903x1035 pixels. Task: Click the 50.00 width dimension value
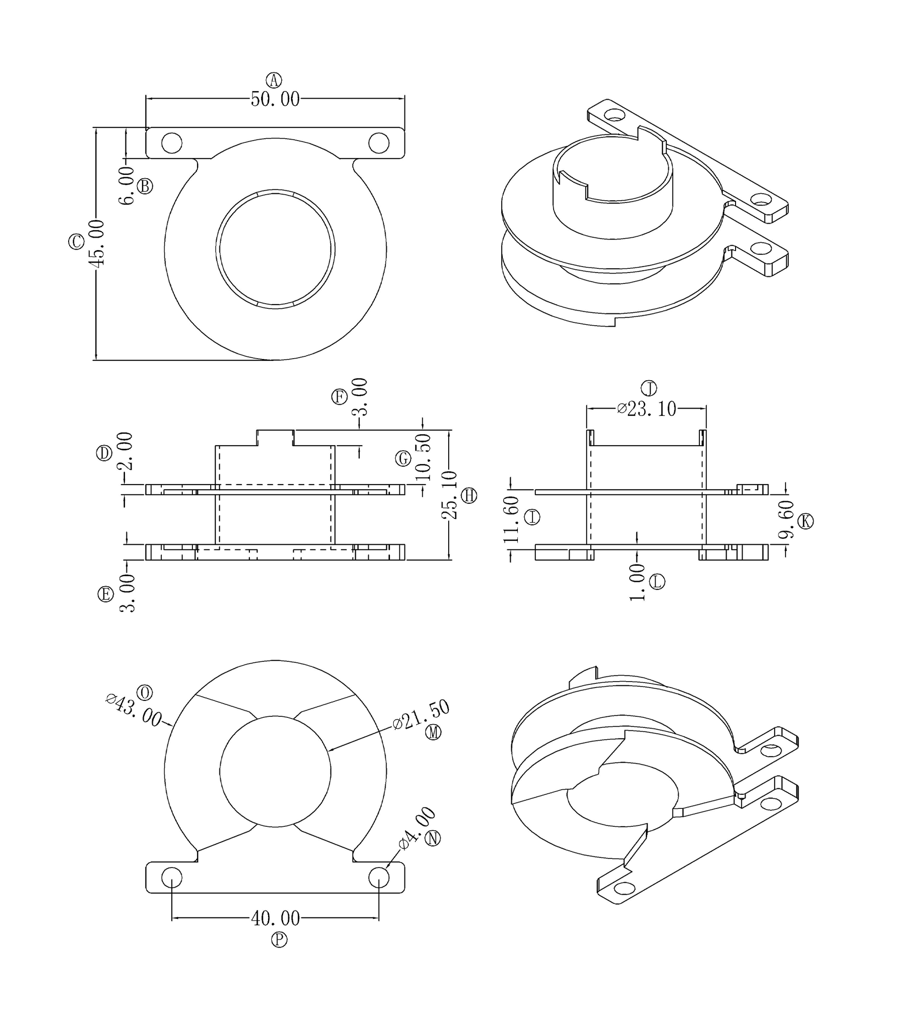275,99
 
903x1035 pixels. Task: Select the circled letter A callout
274,80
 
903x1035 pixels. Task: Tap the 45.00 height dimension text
96,243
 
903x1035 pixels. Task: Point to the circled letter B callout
145,186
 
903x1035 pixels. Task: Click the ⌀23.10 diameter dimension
647,408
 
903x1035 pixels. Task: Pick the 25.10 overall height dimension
449,495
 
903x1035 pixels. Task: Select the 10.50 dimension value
423,457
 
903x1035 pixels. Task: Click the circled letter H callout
469,495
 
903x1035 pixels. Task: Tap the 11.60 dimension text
511,519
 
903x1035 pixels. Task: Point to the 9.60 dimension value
786,520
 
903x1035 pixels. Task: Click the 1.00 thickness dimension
637,582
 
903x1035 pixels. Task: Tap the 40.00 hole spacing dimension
275,918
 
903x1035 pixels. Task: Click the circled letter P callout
279,939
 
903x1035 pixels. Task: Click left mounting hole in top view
172,143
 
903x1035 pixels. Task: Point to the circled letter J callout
649,388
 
